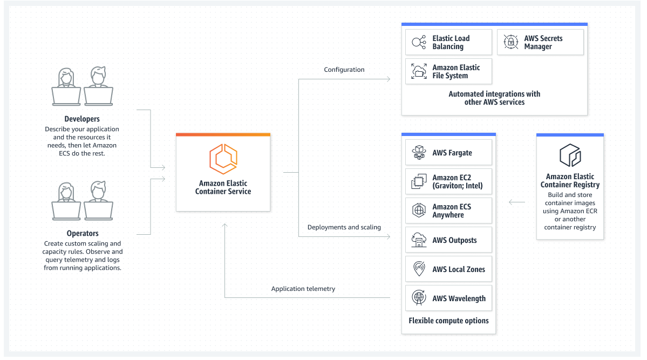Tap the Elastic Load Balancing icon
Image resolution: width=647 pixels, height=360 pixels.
[419, 43]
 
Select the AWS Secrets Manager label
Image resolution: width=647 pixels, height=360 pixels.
[543, 43]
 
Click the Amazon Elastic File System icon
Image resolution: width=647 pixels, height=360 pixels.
[419, 72]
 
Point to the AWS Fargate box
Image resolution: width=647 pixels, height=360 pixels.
[448, 153]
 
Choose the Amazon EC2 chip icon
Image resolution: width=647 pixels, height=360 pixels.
[419, 182]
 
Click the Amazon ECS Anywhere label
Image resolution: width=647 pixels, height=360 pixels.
[452, 211]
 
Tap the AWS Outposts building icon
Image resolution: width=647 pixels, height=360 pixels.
[419, 240]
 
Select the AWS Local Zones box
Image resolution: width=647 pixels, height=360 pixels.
[448, 269]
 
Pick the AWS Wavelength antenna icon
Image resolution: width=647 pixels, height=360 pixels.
[419, 298]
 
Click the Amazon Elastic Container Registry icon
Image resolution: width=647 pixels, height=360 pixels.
[570, 155]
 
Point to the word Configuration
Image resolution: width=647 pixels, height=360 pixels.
[344, 70]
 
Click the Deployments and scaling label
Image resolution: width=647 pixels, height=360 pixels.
[344, 227]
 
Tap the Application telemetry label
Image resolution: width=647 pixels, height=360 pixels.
[303, 289]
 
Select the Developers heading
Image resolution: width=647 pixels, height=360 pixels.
[82, 119]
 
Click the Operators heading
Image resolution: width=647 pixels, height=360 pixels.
[82, 234]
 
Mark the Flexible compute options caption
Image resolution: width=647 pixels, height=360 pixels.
[448, 321]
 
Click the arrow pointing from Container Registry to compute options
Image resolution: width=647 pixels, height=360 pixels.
[517, 202]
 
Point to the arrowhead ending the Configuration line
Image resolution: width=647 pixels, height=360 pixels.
[387, 79]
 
